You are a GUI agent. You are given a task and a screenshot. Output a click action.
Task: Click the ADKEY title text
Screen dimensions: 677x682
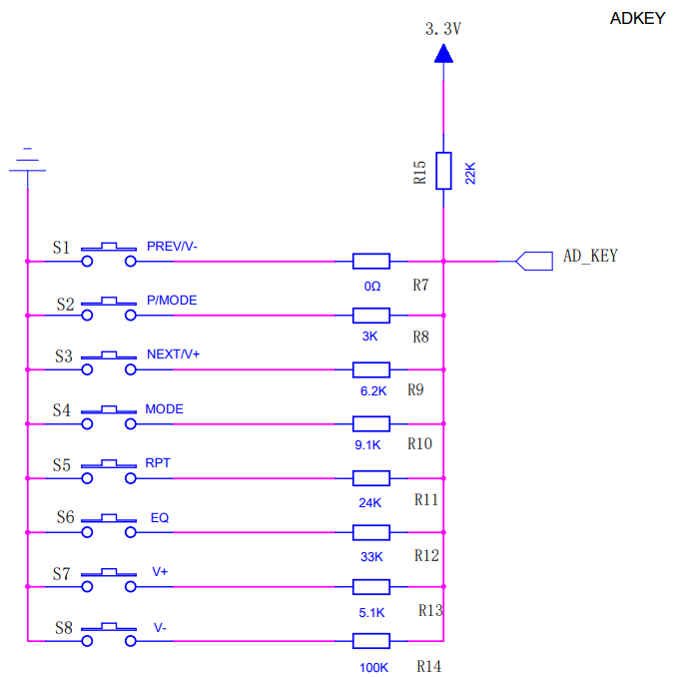(636, 18)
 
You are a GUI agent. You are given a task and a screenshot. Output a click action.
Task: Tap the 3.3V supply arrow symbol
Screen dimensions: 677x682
(443, 53)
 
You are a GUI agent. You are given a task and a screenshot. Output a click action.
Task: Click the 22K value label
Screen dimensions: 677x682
(470, 173)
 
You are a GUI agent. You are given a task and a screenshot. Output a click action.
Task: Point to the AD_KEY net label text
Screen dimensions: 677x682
(590, 256)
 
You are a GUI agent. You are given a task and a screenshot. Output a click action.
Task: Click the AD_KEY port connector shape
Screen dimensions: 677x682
(533, 262)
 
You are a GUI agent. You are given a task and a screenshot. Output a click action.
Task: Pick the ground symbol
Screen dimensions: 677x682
(27, 161)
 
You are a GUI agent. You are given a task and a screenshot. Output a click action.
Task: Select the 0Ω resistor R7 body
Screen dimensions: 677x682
(371, 262)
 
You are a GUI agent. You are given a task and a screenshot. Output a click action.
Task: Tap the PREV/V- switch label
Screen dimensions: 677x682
(179, 246)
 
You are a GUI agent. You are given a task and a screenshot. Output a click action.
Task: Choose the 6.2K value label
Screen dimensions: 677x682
(371, 390)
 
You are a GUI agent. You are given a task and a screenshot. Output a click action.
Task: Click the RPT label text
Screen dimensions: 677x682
(158, 463)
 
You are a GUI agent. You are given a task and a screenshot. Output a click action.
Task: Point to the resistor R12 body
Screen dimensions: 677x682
(371, 532)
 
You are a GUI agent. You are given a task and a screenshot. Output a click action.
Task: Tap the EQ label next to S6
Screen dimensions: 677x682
(160, 517)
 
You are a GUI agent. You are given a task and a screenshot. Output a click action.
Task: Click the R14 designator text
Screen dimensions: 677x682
(429, 665)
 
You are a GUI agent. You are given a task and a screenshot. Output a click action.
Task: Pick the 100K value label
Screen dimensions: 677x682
(374, 666)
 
